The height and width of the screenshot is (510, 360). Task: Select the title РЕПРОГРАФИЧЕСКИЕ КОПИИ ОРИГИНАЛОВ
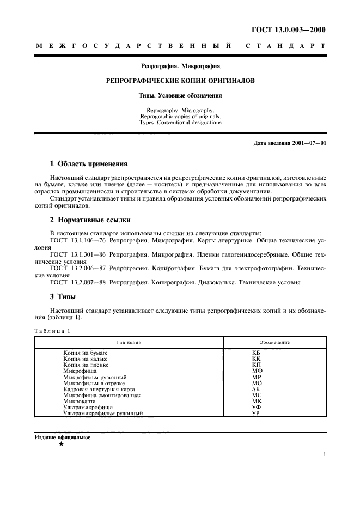(180, 81)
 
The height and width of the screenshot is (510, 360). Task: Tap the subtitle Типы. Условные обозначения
(180, 95)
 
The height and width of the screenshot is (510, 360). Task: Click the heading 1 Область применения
(89, 163)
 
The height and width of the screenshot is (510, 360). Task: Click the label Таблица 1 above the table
(52, 331)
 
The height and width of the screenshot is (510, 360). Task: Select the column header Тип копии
(129, 342)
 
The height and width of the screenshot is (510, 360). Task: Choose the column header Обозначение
(274, 342)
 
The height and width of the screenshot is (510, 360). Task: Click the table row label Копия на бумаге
(86, 353)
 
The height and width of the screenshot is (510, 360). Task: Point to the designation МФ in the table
(257, 371)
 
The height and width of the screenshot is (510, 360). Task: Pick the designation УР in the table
(257, 413)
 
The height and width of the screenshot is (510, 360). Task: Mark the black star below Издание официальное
(61, 445)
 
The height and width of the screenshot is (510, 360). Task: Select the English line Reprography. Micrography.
(180, 110)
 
